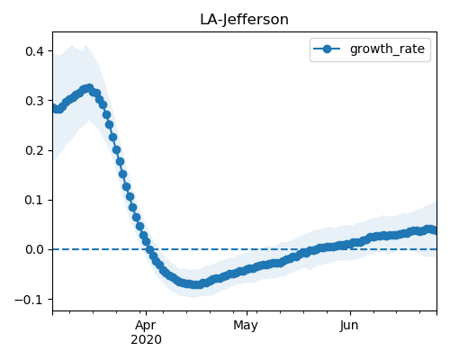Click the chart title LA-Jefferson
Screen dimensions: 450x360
coord(244,20)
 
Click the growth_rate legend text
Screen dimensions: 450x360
coord(387,49)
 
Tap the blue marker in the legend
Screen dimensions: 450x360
coord(327,49)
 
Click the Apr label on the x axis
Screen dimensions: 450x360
coord(146,326)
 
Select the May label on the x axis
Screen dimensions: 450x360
coord(246,326)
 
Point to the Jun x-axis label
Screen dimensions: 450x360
coord(349,326)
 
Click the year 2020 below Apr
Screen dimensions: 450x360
coord(146,340)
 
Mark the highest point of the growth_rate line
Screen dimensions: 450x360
coord(89,88)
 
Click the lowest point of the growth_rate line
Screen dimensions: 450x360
coord(196,284)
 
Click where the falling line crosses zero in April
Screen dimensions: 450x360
coord(149,249)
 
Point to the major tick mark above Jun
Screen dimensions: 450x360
coord(350,313)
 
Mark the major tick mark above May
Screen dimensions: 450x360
coord(247,313)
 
